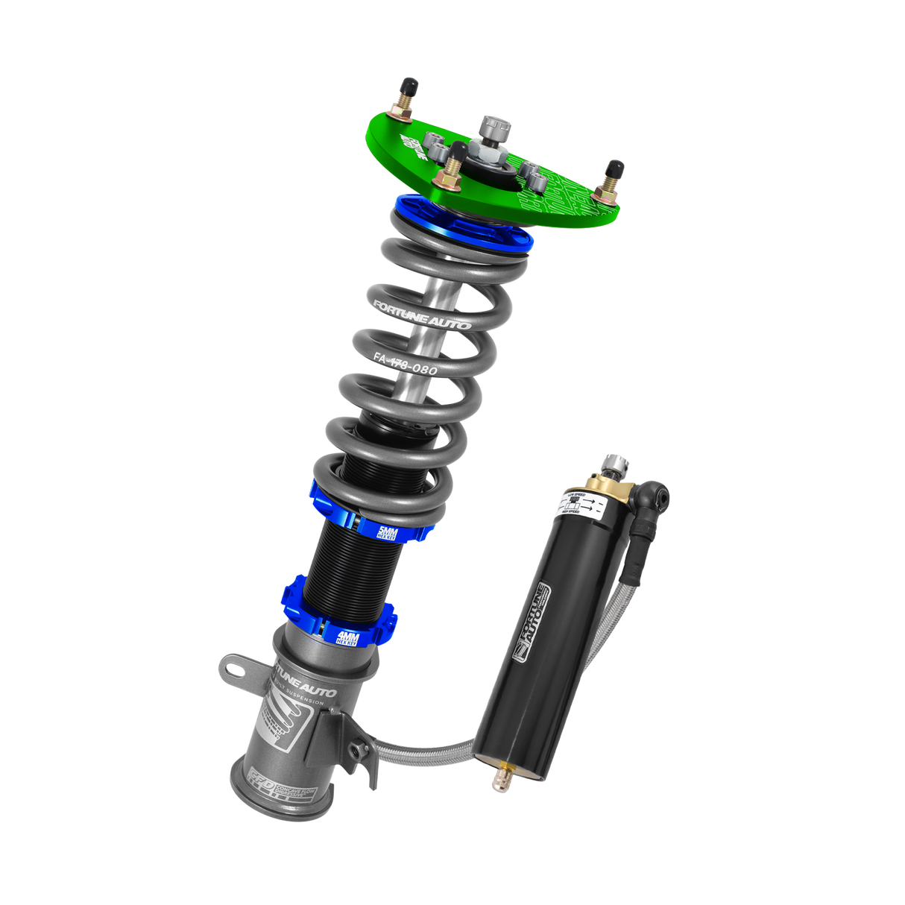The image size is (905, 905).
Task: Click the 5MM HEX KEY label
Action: point(389,532)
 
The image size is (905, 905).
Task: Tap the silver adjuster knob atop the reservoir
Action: point(617,464)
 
